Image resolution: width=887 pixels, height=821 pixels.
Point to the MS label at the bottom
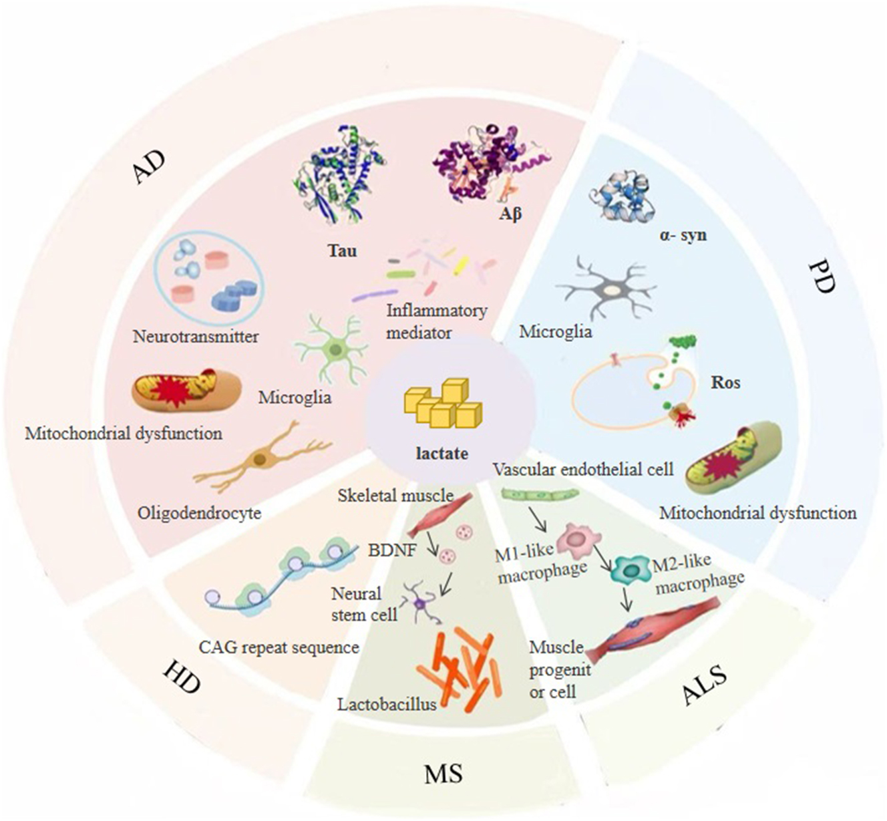443,774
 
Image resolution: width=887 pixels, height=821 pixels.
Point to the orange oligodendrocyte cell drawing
262,459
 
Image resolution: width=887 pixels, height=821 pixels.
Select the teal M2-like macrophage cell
629,568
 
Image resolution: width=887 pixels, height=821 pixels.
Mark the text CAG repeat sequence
279,647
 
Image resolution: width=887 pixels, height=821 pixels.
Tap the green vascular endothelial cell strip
540,495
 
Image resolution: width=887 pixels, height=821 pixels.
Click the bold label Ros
725,383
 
